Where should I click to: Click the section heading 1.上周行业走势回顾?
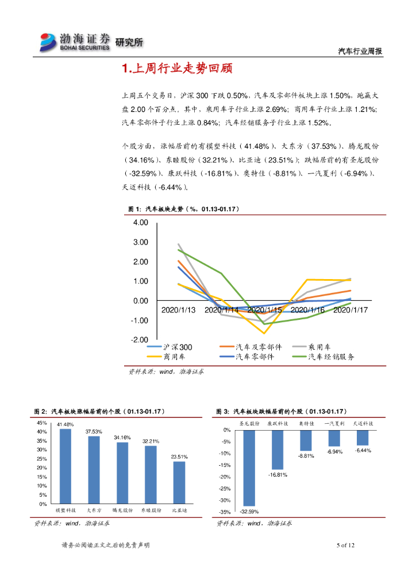177,69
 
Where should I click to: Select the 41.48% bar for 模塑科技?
66,466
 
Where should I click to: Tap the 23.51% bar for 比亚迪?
179,482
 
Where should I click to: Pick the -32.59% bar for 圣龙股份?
249,468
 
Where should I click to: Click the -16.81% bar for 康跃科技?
278,450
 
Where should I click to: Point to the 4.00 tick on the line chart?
140,223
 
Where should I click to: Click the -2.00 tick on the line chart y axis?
140,340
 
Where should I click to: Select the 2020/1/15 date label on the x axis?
264,310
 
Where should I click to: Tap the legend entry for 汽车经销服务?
331,357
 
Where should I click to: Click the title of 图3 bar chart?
280,412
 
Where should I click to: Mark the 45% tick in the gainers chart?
42,423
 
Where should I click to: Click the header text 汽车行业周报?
359,51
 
